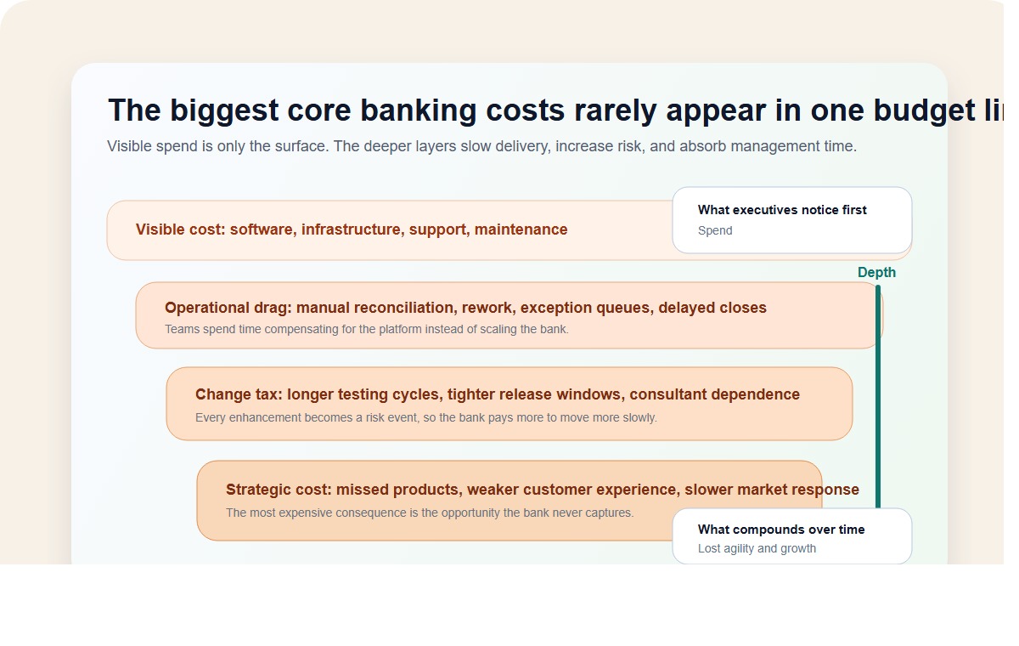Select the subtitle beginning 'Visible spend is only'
point(481,146)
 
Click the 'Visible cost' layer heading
point(351,229)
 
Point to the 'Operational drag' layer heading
point(465,308)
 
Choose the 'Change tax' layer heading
point(497,394)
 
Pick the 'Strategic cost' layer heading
point(542,490)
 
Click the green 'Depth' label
point(876,273)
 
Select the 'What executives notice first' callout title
point(782,210)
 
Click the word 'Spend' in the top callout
point(715,230)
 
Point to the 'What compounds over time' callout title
point(781,530)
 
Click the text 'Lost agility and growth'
point(757,548)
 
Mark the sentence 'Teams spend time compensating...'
point(366,329)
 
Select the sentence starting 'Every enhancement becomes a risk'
point(425,417)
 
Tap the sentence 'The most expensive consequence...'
point(429,513)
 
